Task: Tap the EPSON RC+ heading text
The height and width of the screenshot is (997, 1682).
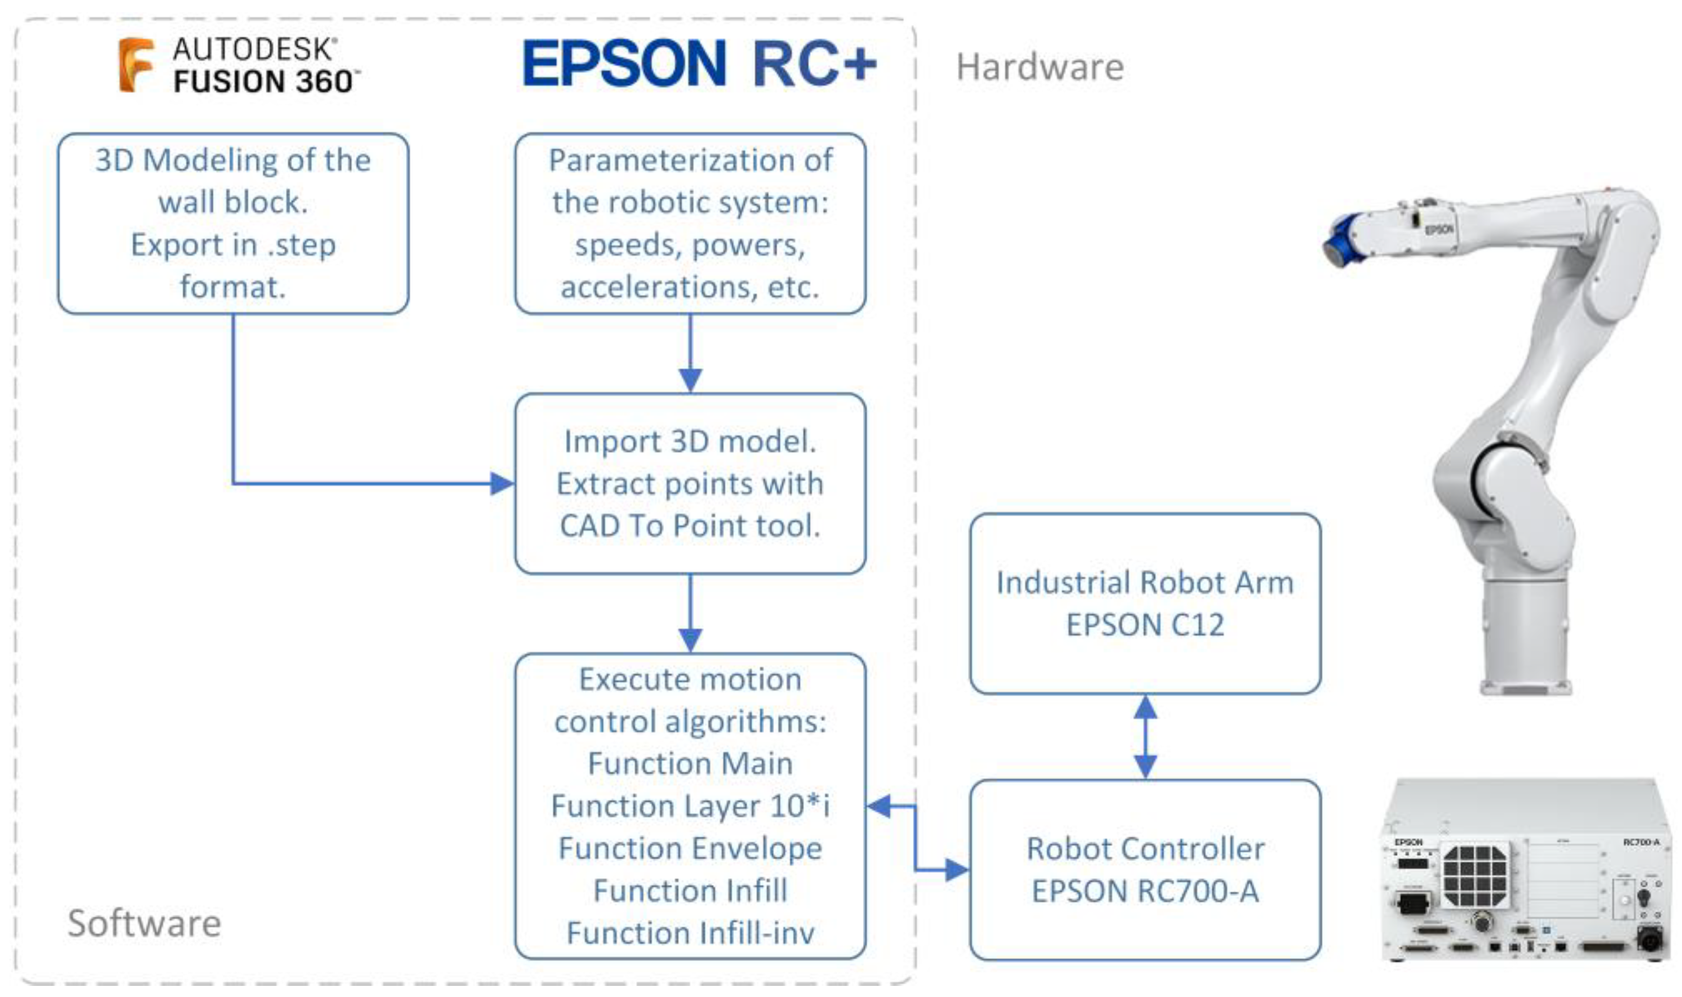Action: coord(699,64)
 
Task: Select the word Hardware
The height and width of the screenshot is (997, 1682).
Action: coord(1039,67)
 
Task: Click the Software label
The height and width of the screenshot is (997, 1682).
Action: coord(144,923)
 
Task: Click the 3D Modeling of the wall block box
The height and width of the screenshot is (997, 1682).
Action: coord(233,223)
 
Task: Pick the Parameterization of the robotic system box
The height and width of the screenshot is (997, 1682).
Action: coord(690,223)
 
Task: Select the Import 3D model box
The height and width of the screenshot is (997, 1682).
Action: coord(690,483)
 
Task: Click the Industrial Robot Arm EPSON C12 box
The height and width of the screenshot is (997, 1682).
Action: coord(1144,603)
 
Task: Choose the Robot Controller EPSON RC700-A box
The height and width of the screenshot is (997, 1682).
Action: coord(1144,869)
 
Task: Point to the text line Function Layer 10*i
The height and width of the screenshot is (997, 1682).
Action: coord(690,805)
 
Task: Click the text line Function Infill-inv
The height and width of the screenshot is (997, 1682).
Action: coord(690,933)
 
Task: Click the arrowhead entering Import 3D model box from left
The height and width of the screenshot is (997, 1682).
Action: coord(501,483)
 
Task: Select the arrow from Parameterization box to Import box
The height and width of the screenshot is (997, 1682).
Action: coord(690,353)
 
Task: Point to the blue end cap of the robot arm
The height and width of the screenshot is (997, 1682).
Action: coord(1340,240)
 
